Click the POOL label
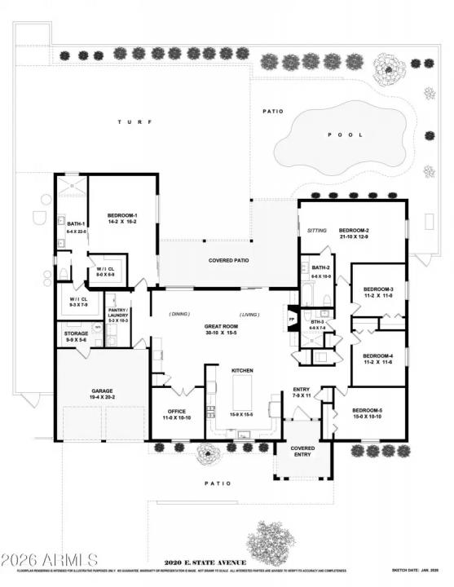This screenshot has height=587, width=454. point(339,135)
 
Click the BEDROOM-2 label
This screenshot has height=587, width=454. point(355,231)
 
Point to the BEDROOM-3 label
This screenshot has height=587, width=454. point(377,289)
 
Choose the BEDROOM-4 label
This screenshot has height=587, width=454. point(377,355)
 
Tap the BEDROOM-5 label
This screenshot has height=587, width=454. point(368,411)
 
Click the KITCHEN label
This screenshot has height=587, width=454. point(243,370)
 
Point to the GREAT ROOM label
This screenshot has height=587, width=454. point(220,326)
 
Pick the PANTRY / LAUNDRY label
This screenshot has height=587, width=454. point(118,312)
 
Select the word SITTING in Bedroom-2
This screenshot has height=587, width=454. point(316,231)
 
